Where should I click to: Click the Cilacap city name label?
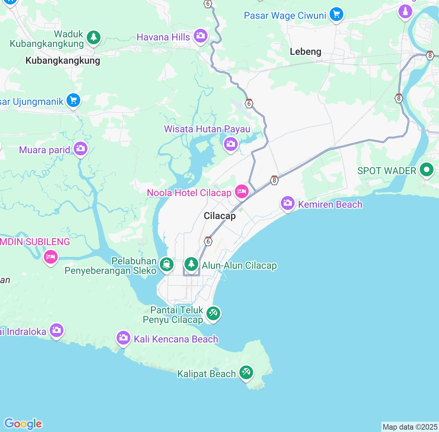[219, 216]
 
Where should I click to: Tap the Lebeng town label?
[305, 51]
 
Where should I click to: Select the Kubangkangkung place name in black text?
[63, 61]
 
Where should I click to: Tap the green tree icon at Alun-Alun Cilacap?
[191, 264]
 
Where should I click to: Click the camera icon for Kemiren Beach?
[287, 203]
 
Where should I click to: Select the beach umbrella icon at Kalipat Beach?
[246, 372]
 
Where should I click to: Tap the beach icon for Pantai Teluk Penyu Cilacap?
[213, 313]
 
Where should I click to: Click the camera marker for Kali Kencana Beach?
[123, 338]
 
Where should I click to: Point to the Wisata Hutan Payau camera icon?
[231, 144]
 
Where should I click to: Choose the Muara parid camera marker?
[81, 148]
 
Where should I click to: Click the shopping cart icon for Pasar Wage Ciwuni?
[336, 14]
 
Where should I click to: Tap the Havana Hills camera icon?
[200, 35]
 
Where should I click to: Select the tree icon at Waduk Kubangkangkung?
[93, 37]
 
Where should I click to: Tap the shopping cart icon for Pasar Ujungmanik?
[73, 100]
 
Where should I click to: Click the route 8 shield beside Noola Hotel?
[274, 180]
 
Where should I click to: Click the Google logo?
[23, 424]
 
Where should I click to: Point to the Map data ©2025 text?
[410, 427]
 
